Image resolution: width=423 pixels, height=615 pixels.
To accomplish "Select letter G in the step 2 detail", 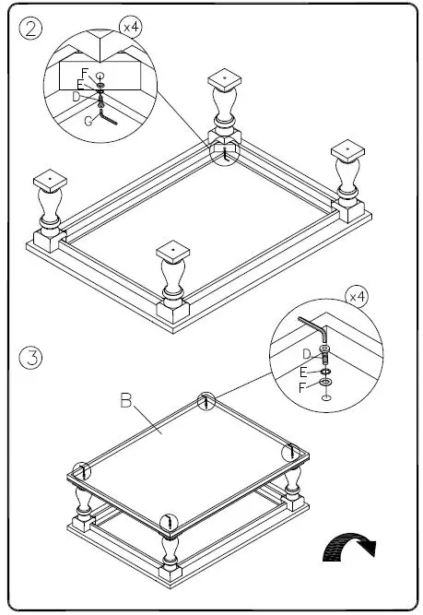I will pos(88,119).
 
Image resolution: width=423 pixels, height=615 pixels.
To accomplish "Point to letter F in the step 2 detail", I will pos(85,72).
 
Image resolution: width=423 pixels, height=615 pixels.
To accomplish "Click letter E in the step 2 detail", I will pos(81,84).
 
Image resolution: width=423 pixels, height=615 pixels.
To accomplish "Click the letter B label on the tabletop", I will pos(127,401).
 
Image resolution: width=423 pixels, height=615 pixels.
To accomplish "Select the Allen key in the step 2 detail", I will pos(109,118).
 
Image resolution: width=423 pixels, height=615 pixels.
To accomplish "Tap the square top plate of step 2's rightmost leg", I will pos(348,149).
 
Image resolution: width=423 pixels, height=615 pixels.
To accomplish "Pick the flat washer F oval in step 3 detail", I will pos(326,382).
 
